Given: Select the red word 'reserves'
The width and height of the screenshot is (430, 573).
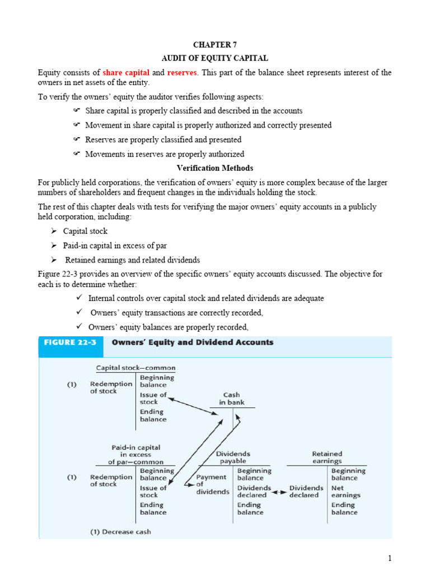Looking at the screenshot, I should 183,73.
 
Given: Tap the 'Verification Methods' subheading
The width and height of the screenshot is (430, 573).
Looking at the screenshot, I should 214,168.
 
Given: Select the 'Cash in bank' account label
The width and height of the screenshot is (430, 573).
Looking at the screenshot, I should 232,398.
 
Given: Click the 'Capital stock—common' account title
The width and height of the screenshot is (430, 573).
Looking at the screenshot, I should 135,368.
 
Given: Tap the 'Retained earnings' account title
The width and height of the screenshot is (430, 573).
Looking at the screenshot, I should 327,457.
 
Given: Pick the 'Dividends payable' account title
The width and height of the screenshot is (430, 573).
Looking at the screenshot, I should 233,457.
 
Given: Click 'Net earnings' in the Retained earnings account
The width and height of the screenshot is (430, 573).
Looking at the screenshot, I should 345,491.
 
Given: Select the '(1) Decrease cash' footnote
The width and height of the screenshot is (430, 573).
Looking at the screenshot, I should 120,532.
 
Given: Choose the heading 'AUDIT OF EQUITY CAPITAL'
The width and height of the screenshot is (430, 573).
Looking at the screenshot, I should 214,58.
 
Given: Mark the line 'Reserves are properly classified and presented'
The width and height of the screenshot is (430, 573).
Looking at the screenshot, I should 163,139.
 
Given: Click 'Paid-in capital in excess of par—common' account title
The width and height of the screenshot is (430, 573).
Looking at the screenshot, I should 135,454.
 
